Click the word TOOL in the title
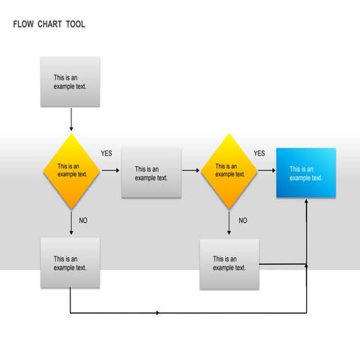click(x=75, y=25)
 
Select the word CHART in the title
click(x=49, y=25)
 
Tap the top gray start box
click(x=70, y=81)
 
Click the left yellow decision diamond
click(x=72, y=171)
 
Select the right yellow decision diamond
click(x=229, y=171)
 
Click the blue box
click(x=306, y=173)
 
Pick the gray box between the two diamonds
click(x=151, y=173)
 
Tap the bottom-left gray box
click(x=70, y=262)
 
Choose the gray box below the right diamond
click(x=229, y=264)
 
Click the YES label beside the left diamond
click(x=106, y=154)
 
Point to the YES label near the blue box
click(x=259, y=154)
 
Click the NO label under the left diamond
click(x=83, y=220)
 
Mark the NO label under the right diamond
click(x=242, y=220)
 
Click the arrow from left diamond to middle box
click(x=110, y=171)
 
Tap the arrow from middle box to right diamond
click(x=191, y=171)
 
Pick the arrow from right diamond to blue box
click(x=266, y=171)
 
